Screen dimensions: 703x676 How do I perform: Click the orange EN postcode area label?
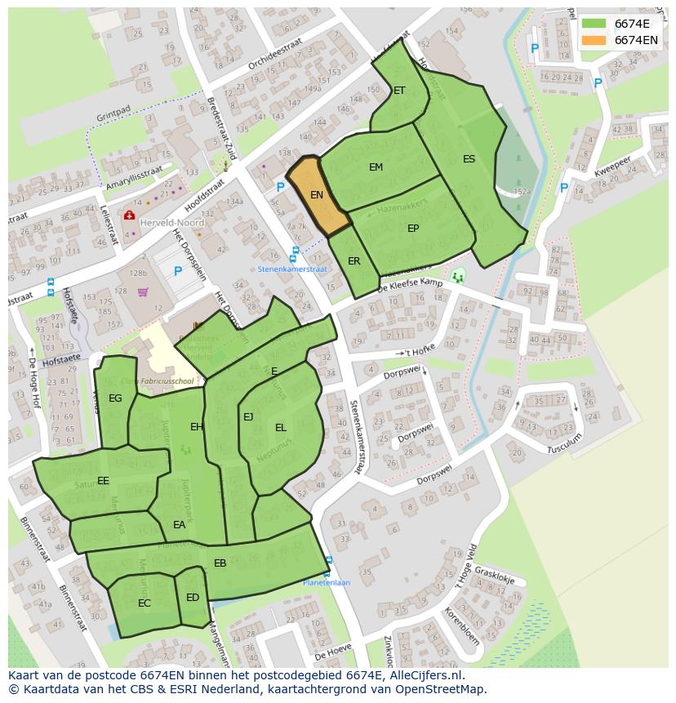point(317,195)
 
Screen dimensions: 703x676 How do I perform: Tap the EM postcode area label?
point(376,167)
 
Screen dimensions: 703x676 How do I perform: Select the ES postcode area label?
point(469,159)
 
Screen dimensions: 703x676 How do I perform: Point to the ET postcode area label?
point(399,91)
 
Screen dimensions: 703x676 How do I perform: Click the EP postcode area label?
point(413,229)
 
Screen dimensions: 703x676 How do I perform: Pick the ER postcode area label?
point(354,261)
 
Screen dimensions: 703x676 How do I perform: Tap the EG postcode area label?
point(115,398)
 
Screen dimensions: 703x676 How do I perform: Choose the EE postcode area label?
point(103,481)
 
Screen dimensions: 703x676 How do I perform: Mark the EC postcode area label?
point(144,603)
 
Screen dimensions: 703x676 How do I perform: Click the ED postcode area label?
point(193,598)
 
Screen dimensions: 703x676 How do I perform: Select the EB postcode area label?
point(220,563)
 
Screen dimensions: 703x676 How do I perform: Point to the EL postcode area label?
point(281,428)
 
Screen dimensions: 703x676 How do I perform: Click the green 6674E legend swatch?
point(594,24)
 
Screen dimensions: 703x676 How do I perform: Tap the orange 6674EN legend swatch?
point(594,39)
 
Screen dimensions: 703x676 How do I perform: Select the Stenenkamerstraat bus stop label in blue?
point(292,268)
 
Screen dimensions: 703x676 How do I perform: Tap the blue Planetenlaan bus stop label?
point(327,583)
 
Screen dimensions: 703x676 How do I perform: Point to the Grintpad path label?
point(113,109)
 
